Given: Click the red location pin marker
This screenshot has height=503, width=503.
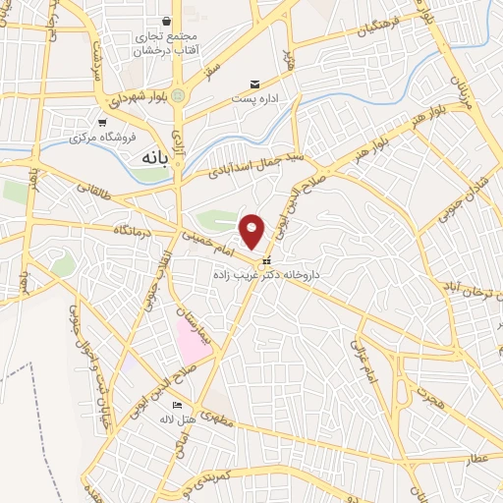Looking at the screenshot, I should click(252, 230).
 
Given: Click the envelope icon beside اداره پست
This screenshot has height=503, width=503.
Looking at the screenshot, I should click(255, 84).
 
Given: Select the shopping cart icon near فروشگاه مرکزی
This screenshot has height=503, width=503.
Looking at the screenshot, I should click(103, 123).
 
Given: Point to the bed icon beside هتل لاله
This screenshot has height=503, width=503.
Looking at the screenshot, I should click(177, 405).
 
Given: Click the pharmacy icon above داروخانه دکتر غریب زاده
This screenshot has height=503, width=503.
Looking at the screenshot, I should click(266, 261).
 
